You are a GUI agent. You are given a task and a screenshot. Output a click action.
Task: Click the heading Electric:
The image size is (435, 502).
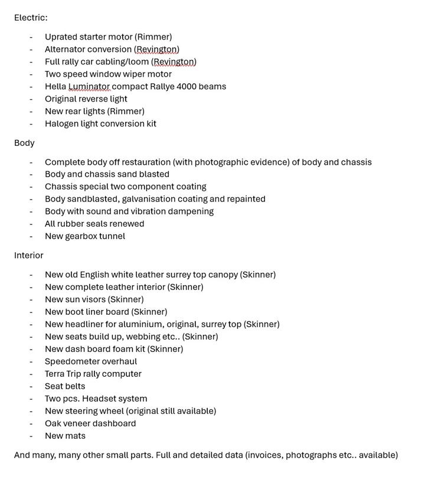click(x=31, y=18)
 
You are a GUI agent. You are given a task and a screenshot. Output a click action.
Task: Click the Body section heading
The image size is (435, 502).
click(x=24, y=143)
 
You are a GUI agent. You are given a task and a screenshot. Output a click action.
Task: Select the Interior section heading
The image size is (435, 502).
click(x=29, y=255)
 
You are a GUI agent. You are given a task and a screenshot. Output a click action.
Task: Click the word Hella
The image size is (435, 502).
click(x=55, y=87)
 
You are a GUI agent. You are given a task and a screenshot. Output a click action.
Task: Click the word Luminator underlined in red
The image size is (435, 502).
click(x=89, y=87)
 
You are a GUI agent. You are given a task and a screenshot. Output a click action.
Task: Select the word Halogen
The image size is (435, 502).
click(x=63, y=124)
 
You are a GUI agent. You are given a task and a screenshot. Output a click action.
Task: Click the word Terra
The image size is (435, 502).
click(x=56, y=374)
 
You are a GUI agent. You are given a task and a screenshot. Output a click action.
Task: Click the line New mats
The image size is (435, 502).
click(x=65, y=436)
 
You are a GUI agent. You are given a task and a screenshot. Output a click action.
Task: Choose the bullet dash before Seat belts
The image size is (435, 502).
click(x=31, y=386)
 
